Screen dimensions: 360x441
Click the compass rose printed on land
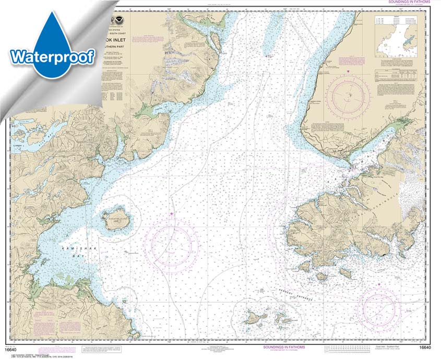(x=349, y=94)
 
